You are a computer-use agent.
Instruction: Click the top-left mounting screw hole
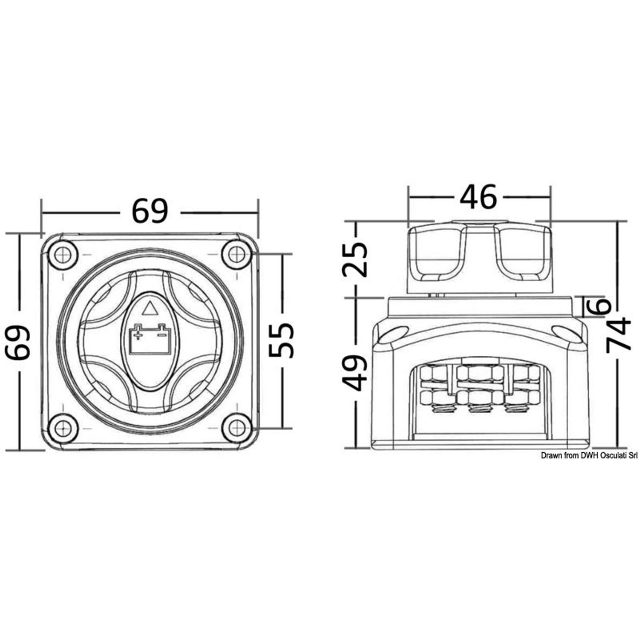point(63,254)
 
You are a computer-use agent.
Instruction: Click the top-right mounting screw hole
point(236,254)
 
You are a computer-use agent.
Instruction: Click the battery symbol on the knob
point(150,338)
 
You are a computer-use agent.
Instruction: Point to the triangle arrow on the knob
point(150,308)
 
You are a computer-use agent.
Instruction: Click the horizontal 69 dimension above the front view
point(150,211)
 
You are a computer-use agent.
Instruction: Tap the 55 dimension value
point(281,340)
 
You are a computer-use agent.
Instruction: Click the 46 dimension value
point(478,197)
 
